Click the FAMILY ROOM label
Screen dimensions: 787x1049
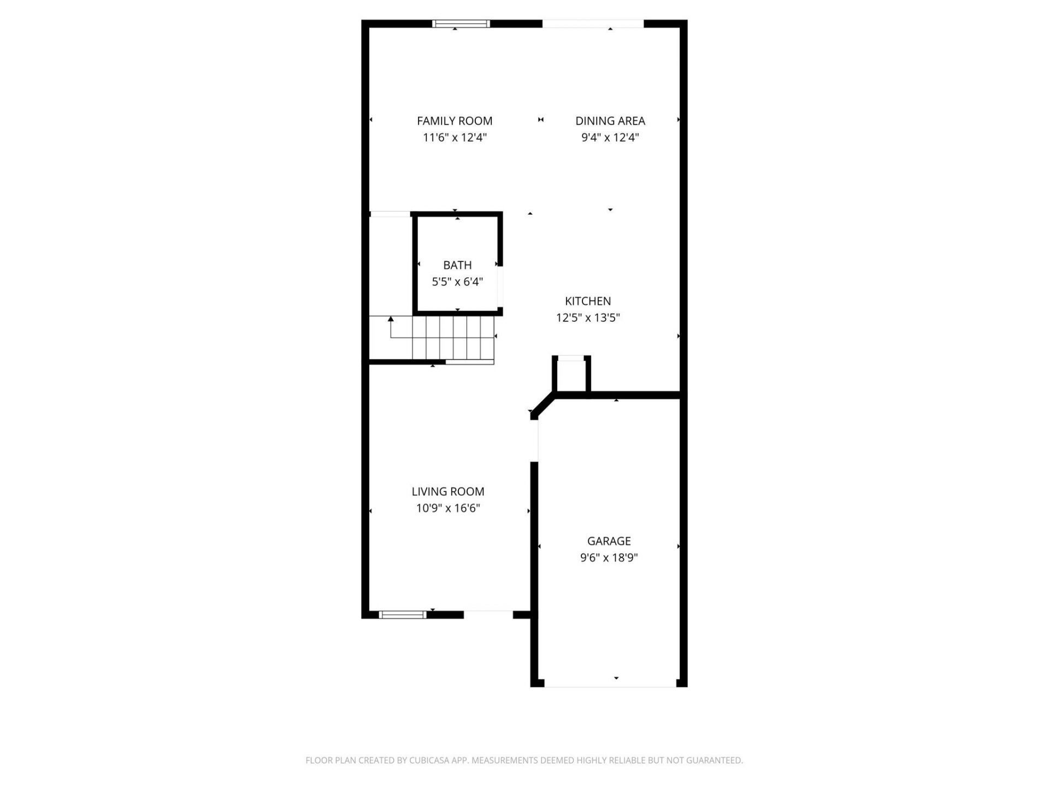pyautogui.click(x=455, y=121)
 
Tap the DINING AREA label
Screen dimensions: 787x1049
pyautogui.click(x=610, y=121)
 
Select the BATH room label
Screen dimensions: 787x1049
pyautogui.click(x=457, y=265)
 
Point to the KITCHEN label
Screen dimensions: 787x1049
pyautogui.click(x=588, y=301)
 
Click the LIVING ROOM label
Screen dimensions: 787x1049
pyautogui.click(x=448, y=491)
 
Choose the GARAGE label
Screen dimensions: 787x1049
pyautogui.click(x=609, y=541)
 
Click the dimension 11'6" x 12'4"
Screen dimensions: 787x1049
pyautogui.click(x=455, y=137)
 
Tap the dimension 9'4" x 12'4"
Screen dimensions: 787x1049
pyautogui.click(x=610, y=137)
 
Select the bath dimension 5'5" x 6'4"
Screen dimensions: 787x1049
pyautogui.click(x=457, y=282)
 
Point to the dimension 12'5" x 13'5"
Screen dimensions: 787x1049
pyautogui.click(x=588, y=318)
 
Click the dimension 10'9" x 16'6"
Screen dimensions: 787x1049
pyautogui.click(x=448, y=508)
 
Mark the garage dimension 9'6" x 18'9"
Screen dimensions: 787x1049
pyautogui.click(x=609, y=558)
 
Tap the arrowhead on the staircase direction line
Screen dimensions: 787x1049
pyautogui.click(x=391, y=319)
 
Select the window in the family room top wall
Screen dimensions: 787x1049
pyautogui.click(x=461, y=24)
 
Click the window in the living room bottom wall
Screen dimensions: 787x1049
pyautogui.click(x=403, y=615)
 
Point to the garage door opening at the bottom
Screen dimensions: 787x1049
pyautogui.click(x=610, y=683)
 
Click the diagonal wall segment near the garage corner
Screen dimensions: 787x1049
pyautogui.click(x=543, y=406)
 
